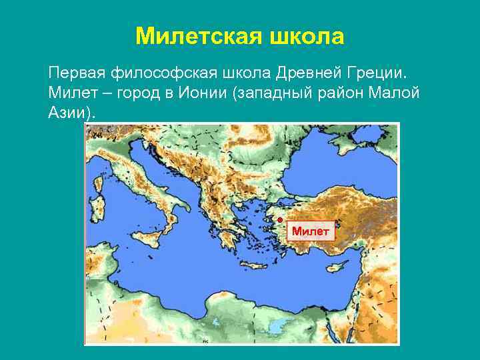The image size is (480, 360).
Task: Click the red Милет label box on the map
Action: [x=311, y=231]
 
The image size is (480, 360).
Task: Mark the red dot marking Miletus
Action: [x=281, y=219]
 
